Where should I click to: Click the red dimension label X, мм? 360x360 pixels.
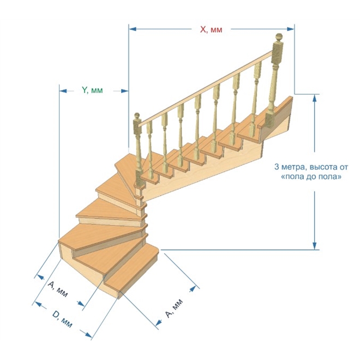(211, 29)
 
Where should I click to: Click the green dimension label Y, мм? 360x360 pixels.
(92, 90)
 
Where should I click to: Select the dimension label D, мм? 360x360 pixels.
(62, 319)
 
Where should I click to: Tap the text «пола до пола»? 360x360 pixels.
(311, 177)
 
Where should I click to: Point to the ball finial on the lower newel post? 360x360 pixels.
(137, 116)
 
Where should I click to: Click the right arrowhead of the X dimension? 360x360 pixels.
(290, 29)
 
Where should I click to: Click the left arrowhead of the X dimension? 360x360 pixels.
(133, 29)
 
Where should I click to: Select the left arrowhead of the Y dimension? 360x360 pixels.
(63, 91)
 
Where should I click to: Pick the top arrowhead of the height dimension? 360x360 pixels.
(315, 98)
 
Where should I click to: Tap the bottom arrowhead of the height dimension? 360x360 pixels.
(315, 245)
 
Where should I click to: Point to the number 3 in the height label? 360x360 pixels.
(277, 167)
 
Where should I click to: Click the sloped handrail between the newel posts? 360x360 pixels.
(206, 88)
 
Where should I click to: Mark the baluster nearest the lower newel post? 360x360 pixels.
(150, 149)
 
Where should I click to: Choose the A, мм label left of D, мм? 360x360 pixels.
(58, 289)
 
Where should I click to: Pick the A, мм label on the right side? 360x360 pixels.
(174, 308)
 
